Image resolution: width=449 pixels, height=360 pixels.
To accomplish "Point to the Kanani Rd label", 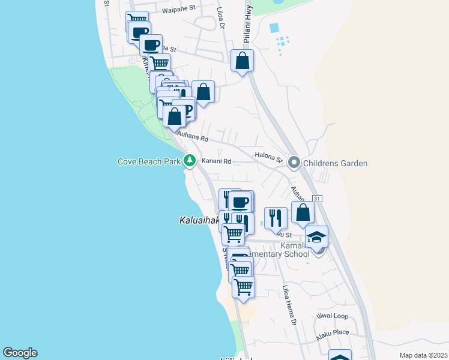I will (216, 161).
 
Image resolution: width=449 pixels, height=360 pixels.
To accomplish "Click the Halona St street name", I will (268, 157).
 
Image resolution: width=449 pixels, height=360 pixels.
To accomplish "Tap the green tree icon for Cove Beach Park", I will (190, 160).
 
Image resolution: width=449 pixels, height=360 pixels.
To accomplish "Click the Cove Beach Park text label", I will (149, 162).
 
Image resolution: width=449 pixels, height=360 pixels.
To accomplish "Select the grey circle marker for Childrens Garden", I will (294, 162).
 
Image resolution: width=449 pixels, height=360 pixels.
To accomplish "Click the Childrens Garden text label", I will (335, 163).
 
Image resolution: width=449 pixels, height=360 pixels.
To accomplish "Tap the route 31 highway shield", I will (318, 199).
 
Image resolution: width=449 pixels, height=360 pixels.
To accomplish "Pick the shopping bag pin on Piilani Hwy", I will (242, 61).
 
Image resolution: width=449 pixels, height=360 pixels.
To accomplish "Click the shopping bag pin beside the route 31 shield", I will (303, 212).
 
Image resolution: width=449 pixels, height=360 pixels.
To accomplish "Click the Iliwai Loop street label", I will (332, 316).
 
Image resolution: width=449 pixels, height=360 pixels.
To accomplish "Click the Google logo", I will (20, 353).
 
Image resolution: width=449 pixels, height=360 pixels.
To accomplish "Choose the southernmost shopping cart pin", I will (243, 287).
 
